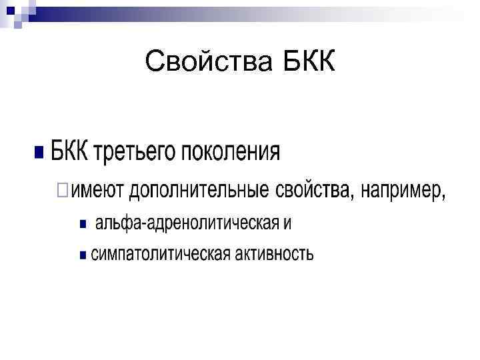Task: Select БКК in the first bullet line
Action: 69,151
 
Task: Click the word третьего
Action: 131,153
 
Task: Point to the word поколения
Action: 230,153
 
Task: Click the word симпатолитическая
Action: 161,254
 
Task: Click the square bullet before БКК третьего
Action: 39,152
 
